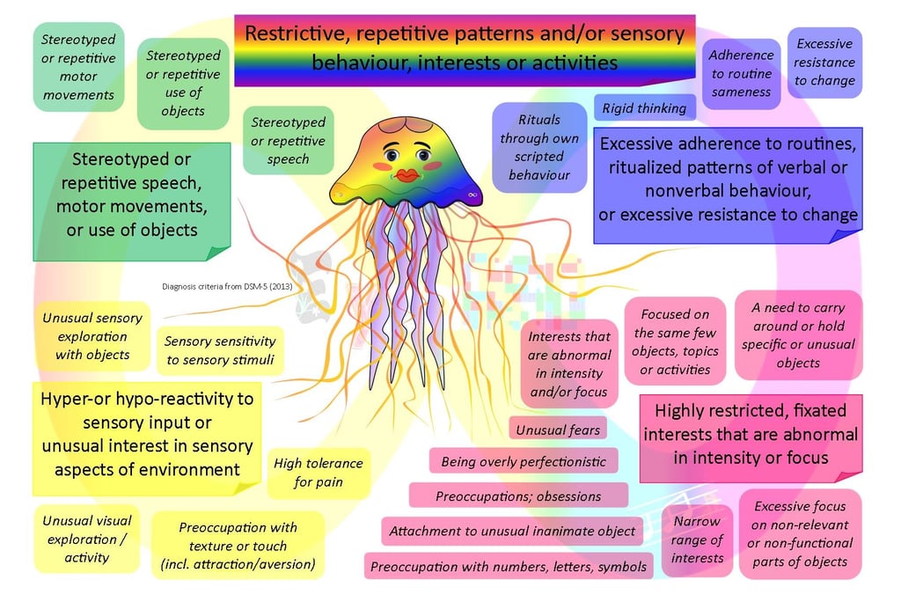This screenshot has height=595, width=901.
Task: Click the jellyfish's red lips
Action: [x=407, y=176]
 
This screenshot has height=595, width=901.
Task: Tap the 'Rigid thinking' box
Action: [x=645, y=108]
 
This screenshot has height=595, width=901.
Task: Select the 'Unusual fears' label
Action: [x=558, y=430]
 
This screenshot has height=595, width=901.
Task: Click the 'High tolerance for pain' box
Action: [x=319, y=473]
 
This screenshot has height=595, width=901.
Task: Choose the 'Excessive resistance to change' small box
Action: [x=824, y=62]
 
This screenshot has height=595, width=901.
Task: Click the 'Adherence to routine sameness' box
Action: [x=741, y=73]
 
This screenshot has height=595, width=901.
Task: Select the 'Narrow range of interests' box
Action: [x=697, y=540]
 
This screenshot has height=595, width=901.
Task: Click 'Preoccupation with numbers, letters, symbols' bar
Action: [x=509, y=567]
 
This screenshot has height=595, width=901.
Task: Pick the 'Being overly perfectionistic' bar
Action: [x=524, y=461]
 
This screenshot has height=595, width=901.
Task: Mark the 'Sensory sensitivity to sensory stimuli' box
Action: [x=220, y=350]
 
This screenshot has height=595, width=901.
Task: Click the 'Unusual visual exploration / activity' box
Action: [x=87, y=538]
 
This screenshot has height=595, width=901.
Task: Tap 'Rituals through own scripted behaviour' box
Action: [x=539, y=147]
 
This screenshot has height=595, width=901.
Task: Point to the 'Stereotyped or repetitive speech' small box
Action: [x=289, y=141]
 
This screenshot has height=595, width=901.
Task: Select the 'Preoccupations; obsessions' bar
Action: [x=518, y=496]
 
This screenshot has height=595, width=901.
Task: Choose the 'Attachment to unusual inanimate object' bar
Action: [x=512, y=532]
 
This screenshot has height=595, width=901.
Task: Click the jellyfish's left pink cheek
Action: [x=381, y=165]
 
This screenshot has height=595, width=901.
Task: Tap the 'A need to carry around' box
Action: [x=798, y=335]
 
